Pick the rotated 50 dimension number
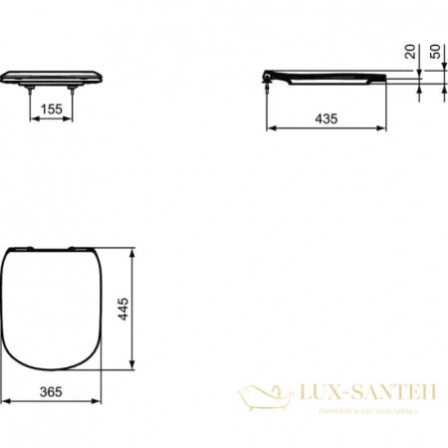click(436, 51)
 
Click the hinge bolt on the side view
click(268, 87)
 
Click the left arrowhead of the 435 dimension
click(267, 128)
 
